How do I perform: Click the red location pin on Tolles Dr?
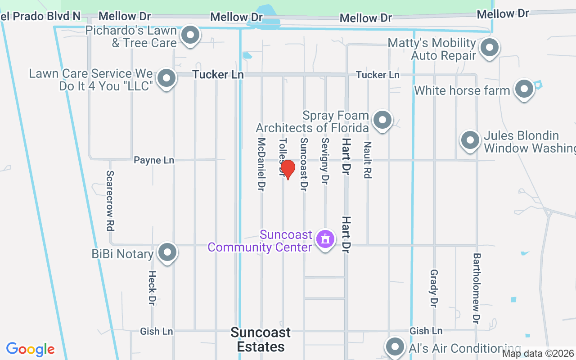coord(288,170)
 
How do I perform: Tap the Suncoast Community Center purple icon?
coord(325,238)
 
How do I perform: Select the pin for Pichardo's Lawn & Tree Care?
coord(190,36)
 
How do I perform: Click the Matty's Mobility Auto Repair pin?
coord(489,48)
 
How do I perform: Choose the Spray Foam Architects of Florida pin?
coord(382,120)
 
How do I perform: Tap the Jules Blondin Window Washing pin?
coord(470,140)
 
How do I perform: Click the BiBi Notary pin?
coord(168,252)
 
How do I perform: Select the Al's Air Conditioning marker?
coord(395,346)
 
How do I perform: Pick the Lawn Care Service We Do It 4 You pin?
coord(167,78)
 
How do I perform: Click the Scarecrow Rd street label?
coord(110,200)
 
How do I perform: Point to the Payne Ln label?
coord(154,160)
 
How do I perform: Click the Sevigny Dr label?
coord(325,161)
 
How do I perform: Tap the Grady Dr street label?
coord(434,288)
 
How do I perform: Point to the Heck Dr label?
coord(152,287)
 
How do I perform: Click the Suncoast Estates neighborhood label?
coord(261,339)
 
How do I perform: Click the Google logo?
coord(31,349)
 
